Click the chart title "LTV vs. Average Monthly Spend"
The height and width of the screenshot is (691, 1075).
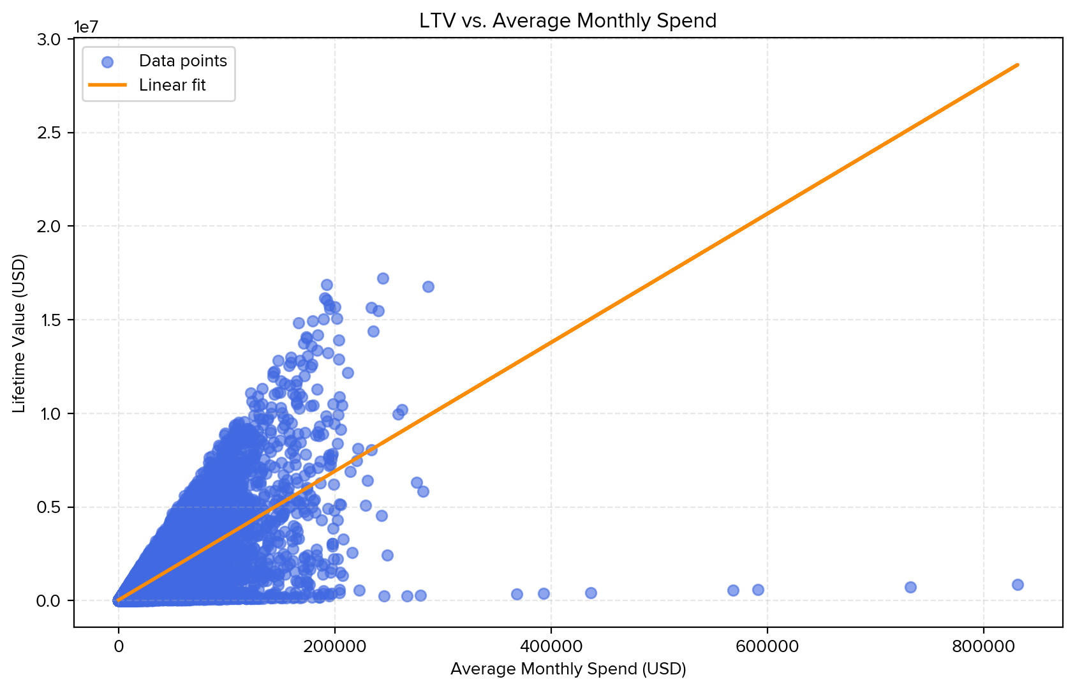(x=568, y=21)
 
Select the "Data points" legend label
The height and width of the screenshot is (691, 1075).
(x=183, y=61)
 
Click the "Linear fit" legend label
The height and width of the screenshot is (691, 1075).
(x=172, y=85)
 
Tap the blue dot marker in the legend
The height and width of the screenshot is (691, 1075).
(x=108, y=62)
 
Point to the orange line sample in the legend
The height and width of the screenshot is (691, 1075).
(x=108, y=85)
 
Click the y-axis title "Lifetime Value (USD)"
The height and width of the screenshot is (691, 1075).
(x=20, y=334)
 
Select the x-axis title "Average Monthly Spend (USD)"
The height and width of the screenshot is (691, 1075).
(x=568, y=669)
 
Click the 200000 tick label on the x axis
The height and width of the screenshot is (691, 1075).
(x=334, y=646)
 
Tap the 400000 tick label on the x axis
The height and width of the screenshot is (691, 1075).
(x=551, y=646)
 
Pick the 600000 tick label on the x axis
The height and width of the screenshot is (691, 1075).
(x=767, y=646)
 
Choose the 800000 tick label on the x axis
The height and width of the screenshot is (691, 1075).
(x=983, y=646)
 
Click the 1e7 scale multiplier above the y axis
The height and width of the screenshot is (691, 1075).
(x=89, y=27)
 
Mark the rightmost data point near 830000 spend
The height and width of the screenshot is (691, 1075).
(x=1018, y=584)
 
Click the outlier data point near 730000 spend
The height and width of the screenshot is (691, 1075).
(x=910, y=587)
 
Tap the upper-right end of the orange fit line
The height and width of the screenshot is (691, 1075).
(x=1018, y=64)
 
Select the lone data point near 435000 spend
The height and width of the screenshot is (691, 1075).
(x=591, y=593)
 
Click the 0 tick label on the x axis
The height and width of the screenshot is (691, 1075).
(x=119, y=646)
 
